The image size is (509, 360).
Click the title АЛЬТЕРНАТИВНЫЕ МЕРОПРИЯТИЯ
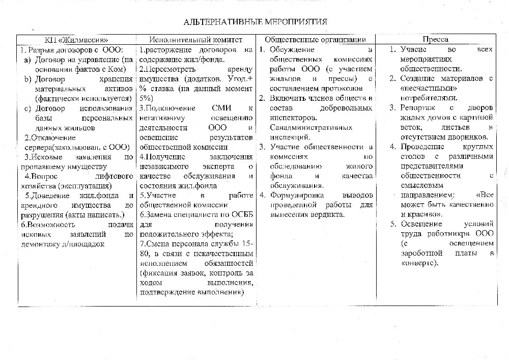pos(255,22)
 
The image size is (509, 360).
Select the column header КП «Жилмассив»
pos(75,40)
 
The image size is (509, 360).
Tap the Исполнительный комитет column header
pos(195,40)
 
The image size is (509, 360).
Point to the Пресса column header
pos(435,40)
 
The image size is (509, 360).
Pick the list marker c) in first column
pos(27,108)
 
